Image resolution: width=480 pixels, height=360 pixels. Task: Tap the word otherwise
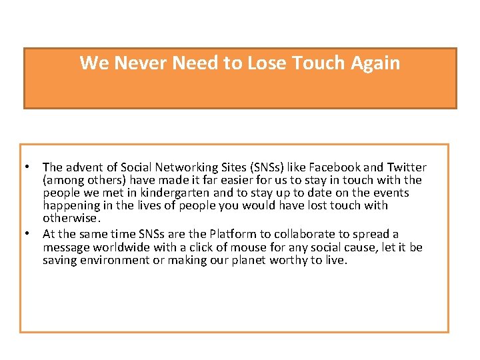71,218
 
